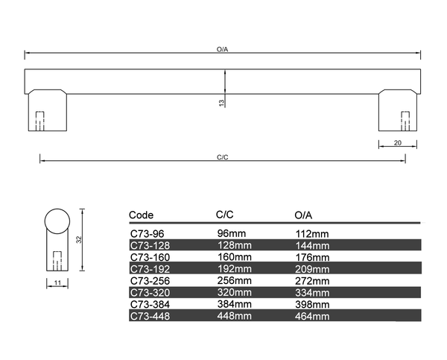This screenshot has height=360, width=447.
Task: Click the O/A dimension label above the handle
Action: (222, 49)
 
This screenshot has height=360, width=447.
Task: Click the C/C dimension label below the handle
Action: (222, 157)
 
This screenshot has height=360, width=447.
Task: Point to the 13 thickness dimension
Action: (221, 104)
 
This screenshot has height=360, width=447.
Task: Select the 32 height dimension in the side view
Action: (78, 239)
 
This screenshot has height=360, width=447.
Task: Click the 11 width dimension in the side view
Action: (57, 282)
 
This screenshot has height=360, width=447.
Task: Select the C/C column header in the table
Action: (225, 215)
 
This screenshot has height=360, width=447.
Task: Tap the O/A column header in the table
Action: (303, 215)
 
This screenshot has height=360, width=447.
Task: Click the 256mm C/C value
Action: (234, 280)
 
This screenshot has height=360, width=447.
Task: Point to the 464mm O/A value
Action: (312, 316)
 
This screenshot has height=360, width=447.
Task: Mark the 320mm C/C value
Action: (234, 292)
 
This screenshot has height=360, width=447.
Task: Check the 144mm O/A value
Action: (312, 245)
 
